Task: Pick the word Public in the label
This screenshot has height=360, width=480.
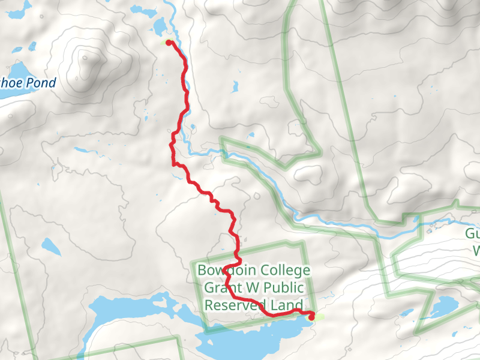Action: click(x=286, y=287)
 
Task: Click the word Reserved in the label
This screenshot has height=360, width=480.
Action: click(x=235, y=305)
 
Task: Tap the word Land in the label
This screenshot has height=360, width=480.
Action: click(x=286, y=305)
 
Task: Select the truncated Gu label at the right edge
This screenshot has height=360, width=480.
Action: click(x=472, y=234)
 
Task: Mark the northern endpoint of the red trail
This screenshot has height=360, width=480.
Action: click(x=169, y=41)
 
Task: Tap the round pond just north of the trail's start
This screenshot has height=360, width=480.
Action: click(x=160, y=26)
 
